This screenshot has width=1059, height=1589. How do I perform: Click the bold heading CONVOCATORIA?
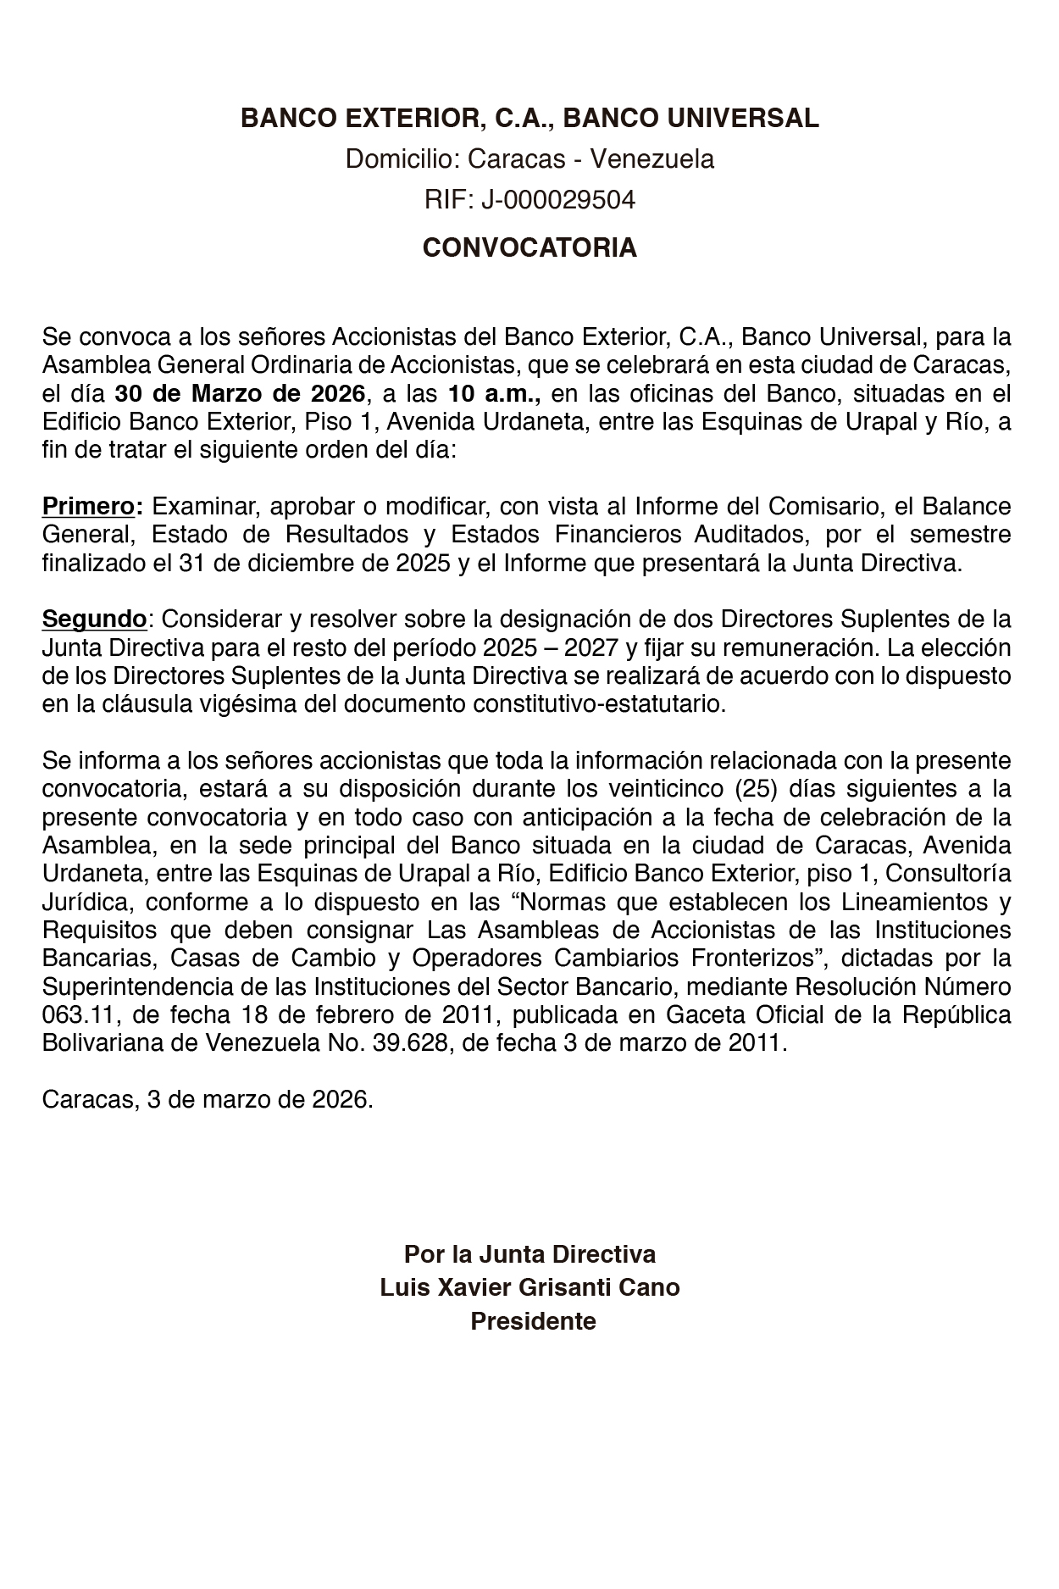point(529,248)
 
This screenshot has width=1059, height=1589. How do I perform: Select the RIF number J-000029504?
point(558,201)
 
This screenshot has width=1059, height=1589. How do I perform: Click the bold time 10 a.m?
point(494,393)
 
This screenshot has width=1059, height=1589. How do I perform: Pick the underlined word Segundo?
point(94,619)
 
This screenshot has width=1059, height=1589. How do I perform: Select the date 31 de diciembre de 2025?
point(314,564)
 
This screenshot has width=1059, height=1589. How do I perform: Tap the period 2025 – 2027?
point(551,648)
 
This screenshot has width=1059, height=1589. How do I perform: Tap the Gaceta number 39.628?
point(405,1043)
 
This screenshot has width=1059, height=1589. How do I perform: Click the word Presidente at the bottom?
point(533,1321)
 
